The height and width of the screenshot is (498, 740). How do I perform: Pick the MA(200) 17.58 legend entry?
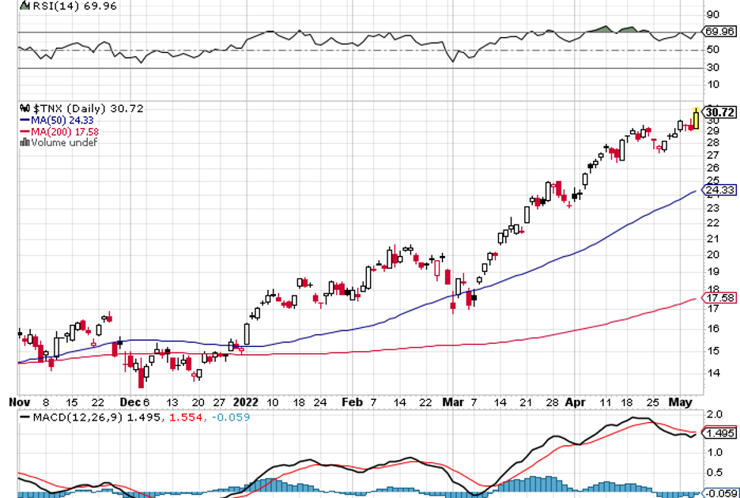pos(56,130)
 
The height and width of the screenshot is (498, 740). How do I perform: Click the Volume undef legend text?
pos(60,142)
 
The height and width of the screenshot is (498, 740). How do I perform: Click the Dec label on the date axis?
pos(127,402)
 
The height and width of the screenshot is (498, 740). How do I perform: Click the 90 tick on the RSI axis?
pos(712,14)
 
